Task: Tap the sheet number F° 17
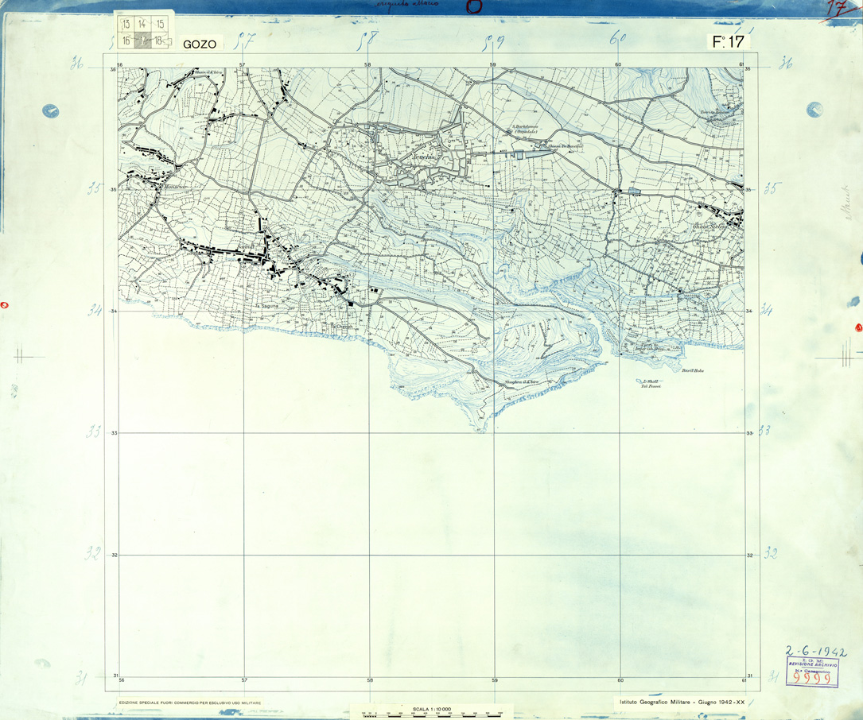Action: click(x=728, y=42)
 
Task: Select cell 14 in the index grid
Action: click(x=142, y=25)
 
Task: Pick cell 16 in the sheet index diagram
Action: click(x=125, y=41)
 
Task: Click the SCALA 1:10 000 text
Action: click(x=432, y=709)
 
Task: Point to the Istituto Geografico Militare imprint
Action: click(x=681, y=702)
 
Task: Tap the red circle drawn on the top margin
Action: click(x=474, y=7)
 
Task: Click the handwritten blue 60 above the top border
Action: click(x=618, y=37)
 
